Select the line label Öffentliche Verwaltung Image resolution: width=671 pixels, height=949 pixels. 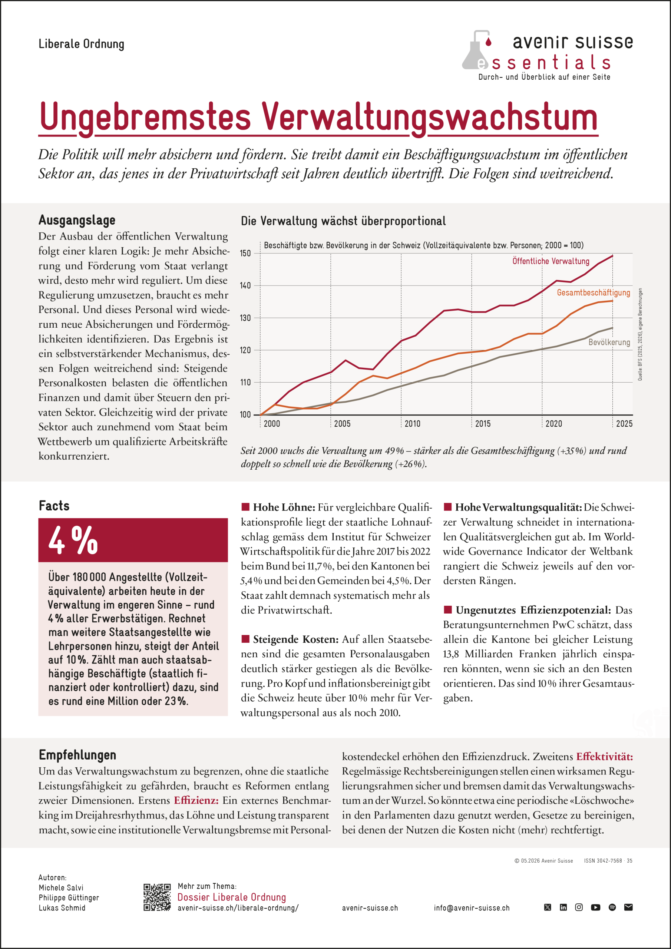[551, 261]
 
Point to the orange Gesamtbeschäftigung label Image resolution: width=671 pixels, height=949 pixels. [593, 292]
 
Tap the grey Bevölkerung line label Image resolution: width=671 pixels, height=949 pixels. [609, 342]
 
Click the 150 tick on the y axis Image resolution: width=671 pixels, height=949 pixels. [245, 253]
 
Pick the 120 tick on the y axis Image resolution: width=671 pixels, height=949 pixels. [245, 350]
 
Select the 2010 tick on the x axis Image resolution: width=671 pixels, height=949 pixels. [412, 424]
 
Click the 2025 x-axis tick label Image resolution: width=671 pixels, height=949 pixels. [624, 424]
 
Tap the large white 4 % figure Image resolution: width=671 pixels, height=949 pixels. [73, 540]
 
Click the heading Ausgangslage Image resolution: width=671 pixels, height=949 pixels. [77, 220]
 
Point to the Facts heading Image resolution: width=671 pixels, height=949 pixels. [54, 506]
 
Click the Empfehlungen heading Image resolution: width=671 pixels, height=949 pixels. [77, 755]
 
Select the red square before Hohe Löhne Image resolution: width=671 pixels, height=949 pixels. [245, 507]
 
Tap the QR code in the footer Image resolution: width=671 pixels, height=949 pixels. [157, 897]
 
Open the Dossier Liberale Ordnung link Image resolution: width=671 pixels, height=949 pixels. [232, 897]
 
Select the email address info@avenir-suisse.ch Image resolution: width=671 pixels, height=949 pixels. [472, 908]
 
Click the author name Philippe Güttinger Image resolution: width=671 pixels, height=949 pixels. [69, 898]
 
